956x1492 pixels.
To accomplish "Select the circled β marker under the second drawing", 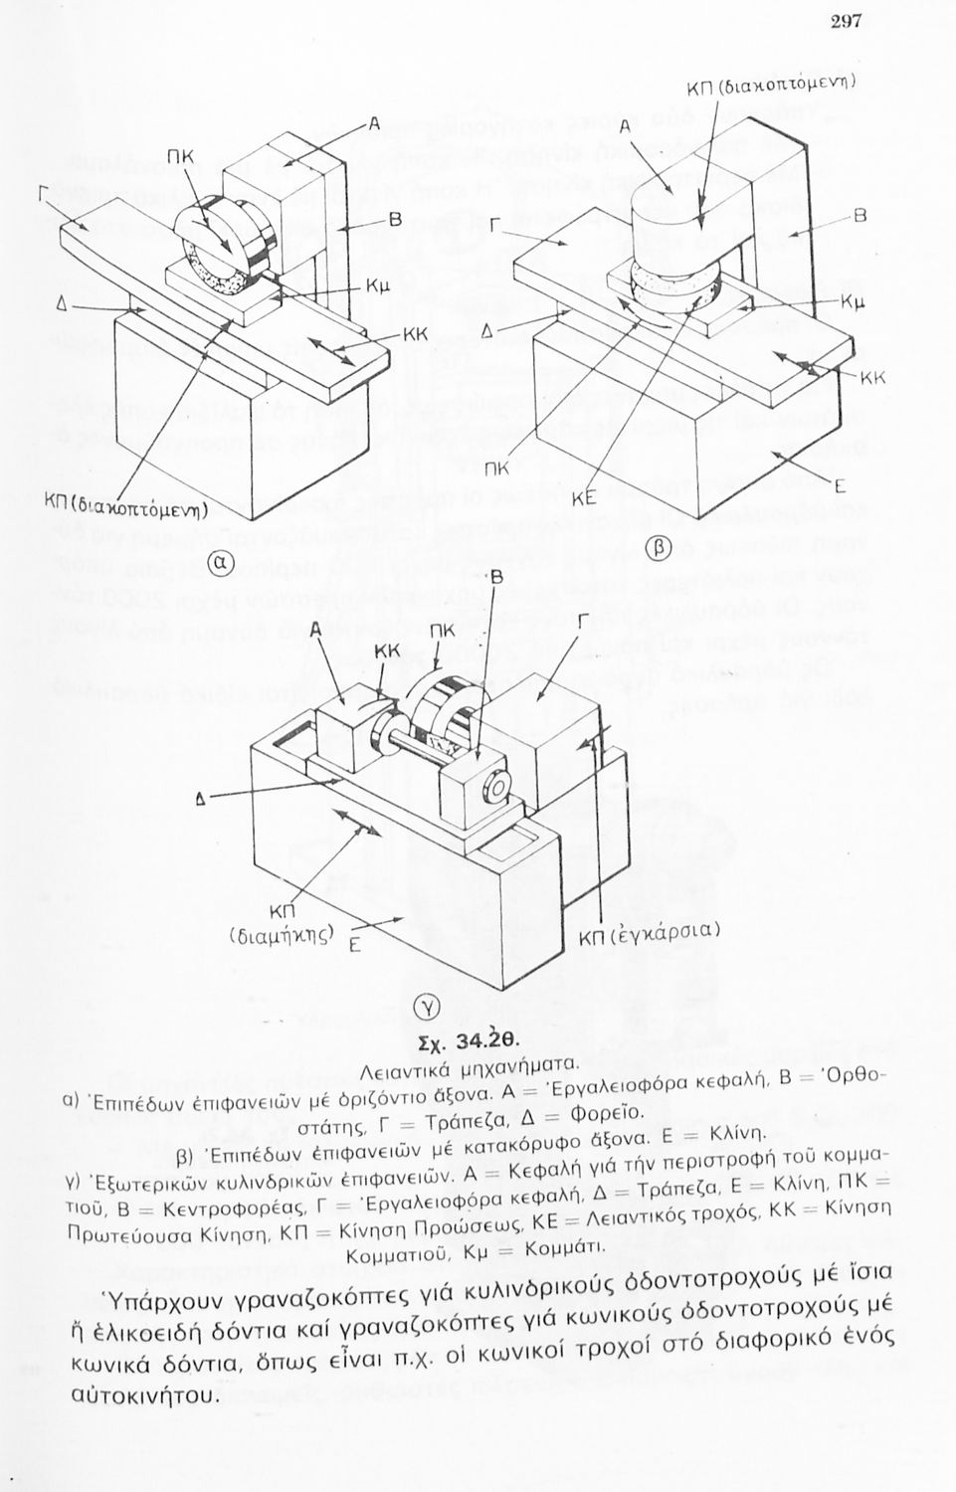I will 660,546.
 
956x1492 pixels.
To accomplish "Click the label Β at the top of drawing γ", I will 497,577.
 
